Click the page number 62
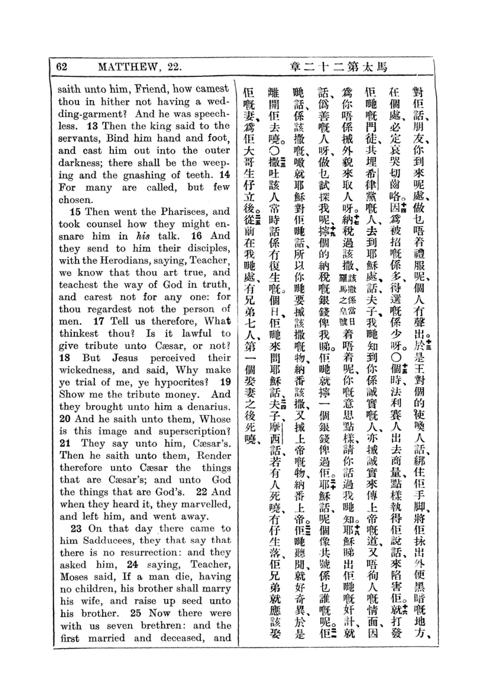coord(62,66)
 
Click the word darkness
coord(80,163)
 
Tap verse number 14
coord(225,175)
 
